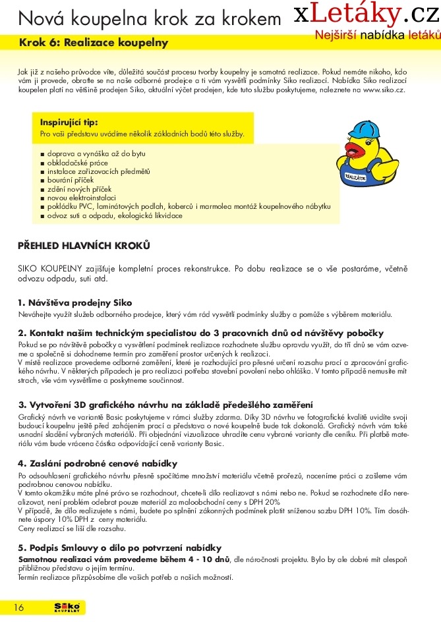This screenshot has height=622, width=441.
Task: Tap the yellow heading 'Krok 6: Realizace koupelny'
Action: (x=94, y=43)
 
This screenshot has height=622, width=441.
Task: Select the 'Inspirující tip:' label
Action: (x=69, y=122)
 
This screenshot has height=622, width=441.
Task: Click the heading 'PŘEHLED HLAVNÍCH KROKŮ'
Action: (x=84, y=246)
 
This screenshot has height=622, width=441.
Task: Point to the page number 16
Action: (x=18, y=608)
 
